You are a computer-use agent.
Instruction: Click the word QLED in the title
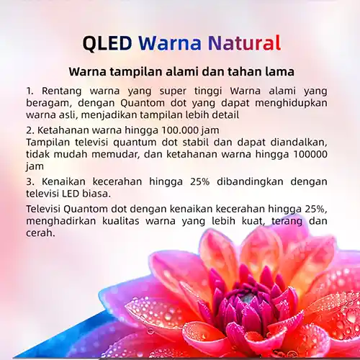pyautogui.click(x=107, y=43)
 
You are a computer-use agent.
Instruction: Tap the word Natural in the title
pyautogui.click(x=244, y=43)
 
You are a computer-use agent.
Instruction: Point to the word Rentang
pyautogui.click(x=61, y=91)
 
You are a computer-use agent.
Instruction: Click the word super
pyautogui.click(x=173, y=91)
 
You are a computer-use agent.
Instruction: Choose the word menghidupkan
pyautogui.click(x=291, y=103)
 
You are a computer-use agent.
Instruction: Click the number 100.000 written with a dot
pyautogui.click(x=180, y=130)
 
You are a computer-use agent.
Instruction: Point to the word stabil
pyautogui.click(x=196, y=142)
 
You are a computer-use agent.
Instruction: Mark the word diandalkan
pyautogui.click(x=299, y=143)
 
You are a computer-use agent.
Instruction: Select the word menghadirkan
pyautogui.click(x=60, y=221)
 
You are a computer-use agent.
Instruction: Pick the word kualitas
pyautogui.click(x=121, y=221)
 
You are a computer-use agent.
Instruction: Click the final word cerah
pyautogui.click(x=40, y=233)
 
